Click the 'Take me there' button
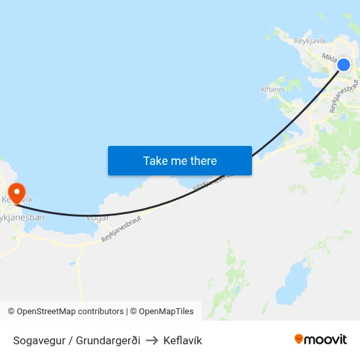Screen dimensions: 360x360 [180, 160]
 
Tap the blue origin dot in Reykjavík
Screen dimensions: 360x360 [344, 64]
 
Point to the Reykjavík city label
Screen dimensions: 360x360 [310, 41]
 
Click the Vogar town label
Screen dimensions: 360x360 [98, 218]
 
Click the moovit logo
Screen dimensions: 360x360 [321, 340]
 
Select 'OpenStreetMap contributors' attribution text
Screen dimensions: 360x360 [69, 312]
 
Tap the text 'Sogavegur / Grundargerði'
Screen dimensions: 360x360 [77, 340]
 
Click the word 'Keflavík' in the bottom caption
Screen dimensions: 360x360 [183, 340]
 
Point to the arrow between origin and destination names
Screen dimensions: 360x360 [152, 340]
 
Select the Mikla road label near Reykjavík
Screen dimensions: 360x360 [329, 57]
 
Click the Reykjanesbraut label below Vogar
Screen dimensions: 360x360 [122, 230]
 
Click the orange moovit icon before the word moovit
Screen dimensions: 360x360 [299, 340]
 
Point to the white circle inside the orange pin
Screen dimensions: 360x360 [14, 189]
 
